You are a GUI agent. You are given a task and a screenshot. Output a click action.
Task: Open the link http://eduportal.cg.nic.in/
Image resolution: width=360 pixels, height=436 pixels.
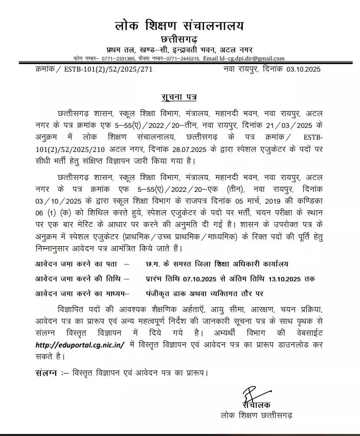[x=80, y=345]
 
